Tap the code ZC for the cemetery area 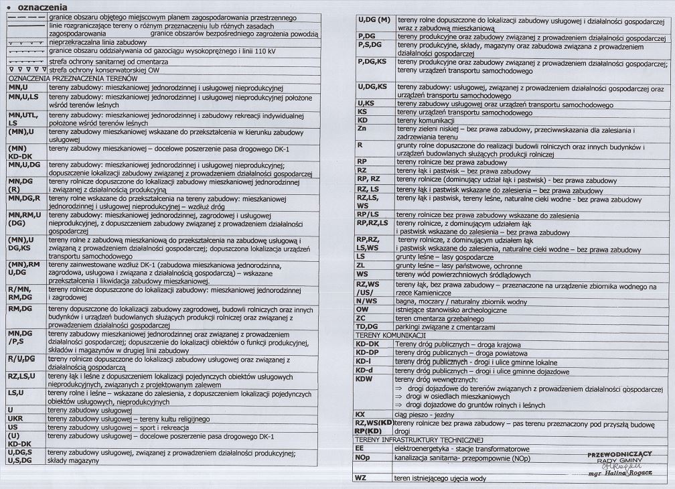[362, 318]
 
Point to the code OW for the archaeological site [363, 309]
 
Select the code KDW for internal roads [366, 378]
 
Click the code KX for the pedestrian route [361, 414]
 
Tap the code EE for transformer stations [360, 448]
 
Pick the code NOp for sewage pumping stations [364, 458]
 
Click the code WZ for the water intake [362, 478]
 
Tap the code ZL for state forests [362, 265]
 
